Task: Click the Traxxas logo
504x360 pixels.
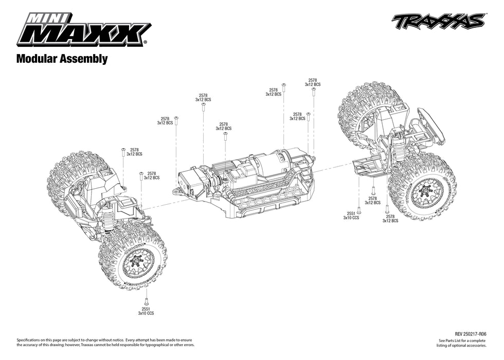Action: (438, 22)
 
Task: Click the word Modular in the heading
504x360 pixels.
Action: (38, 59)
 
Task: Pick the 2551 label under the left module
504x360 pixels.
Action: (146, 309)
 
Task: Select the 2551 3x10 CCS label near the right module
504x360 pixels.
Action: (351, 215)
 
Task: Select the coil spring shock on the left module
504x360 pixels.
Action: (109, 218)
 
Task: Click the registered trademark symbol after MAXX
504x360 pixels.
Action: (146, 43)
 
